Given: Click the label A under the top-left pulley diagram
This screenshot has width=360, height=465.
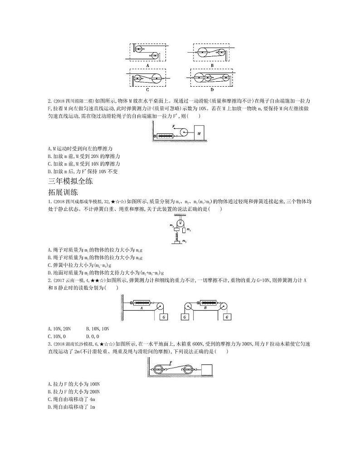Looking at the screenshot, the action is (x=148, y=65).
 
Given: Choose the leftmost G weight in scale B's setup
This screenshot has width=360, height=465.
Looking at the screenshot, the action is (x=185, y=317).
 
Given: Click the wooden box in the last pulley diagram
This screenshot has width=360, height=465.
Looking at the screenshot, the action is (x=208, y=370).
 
